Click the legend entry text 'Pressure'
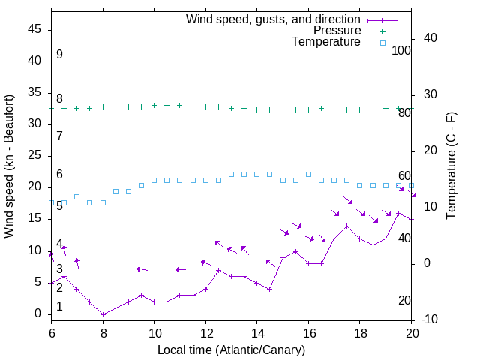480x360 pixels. (x=337, y=31)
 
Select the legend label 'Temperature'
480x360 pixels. (x=326, y=42)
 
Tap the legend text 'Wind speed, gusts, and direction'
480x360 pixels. (x=274, y=19)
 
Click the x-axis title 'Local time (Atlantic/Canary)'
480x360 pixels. (x=231, y=350)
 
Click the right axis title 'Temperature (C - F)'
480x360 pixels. (x=451, y=166)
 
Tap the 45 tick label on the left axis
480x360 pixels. (x=34, y=29)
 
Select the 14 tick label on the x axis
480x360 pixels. (x=256, y=332)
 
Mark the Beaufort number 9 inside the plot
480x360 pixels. (x=59, y=55)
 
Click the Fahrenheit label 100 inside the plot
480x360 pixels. (x=401, y=50)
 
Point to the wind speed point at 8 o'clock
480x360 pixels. (x=103, y=314)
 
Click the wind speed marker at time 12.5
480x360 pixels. (x=218, y=270)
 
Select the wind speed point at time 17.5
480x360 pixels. (x=346, y=226)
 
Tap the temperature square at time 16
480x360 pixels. (x=308, y=174)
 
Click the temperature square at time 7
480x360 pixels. (x=77, y=196)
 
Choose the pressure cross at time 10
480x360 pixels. (x=154, y=106)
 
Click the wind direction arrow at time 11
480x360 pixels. (x=180, y=269)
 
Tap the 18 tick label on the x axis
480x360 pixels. (x=359, y=332)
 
